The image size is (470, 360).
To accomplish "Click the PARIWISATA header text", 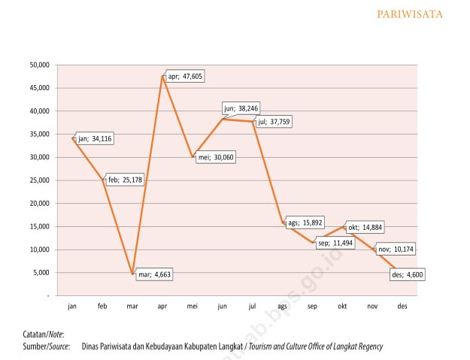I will pos(430,14).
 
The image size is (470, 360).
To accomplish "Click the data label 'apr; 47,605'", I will pos(185,77).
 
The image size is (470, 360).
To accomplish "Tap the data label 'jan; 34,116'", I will pos(95,138).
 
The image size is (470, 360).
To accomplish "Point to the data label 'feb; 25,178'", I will pos(125,180).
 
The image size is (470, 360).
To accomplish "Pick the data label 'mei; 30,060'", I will pos(215,159).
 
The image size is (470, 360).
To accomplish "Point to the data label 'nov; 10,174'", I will pos(394,249).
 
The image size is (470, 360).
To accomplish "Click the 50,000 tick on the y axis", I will pos(38,65).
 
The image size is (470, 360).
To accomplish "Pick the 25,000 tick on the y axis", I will pos(38,180).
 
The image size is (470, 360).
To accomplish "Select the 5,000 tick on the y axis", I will pos(41,273).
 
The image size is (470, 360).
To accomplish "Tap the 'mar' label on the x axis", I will pos(132,307).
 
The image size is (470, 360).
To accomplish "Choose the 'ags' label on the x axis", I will pos(282,307).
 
